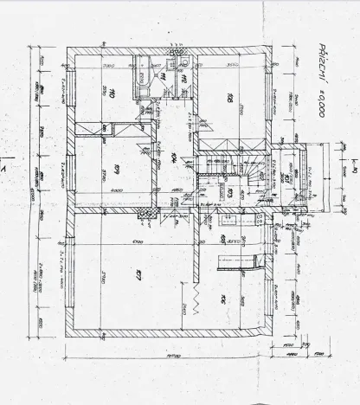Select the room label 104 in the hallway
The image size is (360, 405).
173,157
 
